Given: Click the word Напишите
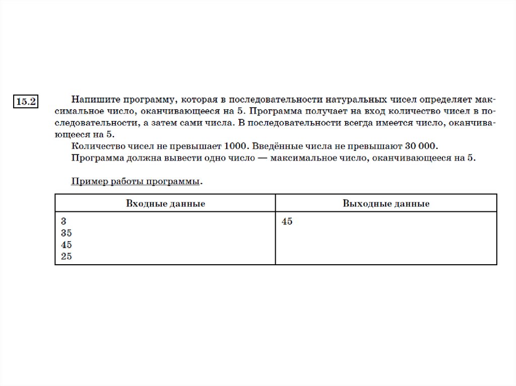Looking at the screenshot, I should (92, 99).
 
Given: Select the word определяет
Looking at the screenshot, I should (443, 99).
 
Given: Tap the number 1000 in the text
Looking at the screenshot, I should (235, 146).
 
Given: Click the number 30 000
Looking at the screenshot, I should (422, 146).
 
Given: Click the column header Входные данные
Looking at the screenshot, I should (165, 204).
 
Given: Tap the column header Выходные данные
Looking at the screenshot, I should (386, 204).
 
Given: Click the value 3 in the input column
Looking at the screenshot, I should (63, 221).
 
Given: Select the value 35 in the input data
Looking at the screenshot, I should (66, 233).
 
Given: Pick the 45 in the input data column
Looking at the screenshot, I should (66, 245).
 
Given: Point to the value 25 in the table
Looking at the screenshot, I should (66, 257).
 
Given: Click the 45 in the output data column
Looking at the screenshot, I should (287, 221).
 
